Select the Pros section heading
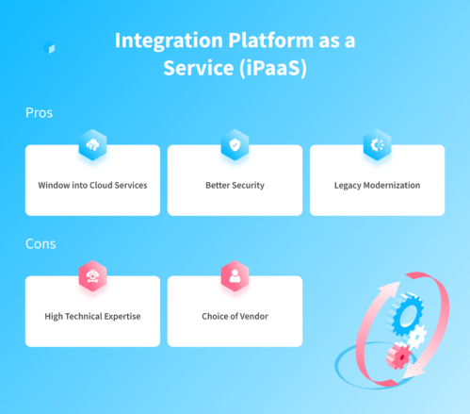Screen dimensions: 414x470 (x=40, y=112)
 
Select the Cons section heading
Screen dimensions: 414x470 (x=41, y=243)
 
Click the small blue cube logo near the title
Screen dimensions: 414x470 (x=49, y=47)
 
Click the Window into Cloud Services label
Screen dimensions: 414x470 (x=92, y=185)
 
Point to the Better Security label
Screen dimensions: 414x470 (x=235, y=185)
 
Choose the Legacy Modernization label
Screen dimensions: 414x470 (x=377, y=185)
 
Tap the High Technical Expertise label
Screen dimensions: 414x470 (x=92, y=316)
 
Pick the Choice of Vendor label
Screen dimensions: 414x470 (x=235, y=316)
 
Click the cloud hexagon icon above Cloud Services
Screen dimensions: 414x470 (x=92, y=144)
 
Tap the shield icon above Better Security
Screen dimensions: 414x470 (x=235, y=144)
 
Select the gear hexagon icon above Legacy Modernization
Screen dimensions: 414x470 (x=377, y=144)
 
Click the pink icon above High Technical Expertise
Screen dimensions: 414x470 (x=92, y=276)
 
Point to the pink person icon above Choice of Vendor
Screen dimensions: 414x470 (x=235, y=276)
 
